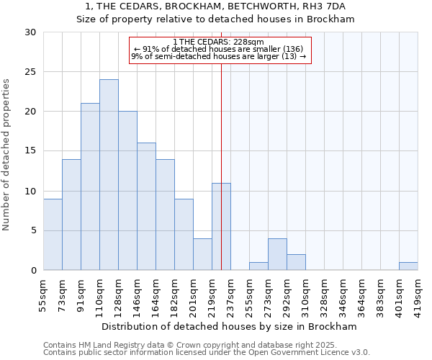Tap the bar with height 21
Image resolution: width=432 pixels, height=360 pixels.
click(90, 186)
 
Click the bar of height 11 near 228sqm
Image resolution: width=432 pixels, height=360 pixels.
click(221, 226)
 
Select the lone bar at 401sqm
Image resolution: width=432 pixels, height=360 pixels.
click(408, 266)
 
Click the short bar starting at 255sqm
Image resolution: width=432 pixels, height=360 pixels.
click(258, 266)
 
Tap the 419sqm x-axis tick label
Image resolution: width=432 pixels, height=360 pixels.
click(418, 296)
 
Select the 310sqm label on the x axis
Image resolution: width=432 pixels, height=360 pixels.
click(306, 296)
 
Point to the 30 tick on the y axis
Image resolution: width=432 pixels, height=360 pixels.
click(30, 32)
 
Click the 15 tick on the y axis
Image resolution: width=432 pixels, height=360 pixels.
click(30, 151)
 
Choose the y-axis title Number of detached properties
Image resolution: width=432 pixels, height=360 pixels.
click(6, 155)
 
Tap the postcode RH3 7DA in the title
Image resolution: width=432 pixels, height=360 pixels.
click(326, 6)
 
